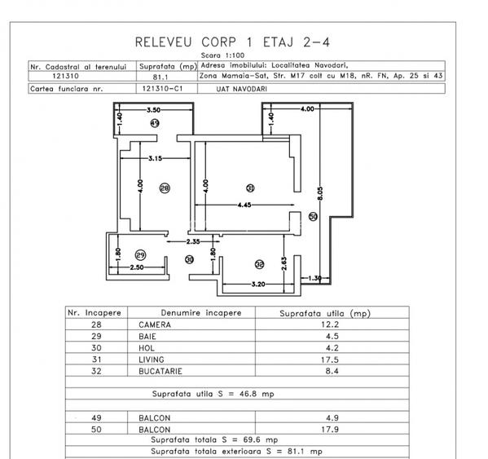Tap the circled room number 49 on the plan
pos(155,122)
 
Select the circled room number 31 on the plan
pos(250,188)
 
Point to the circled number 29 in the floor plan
pos(139,254)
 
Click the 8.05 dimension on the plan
pos(321,194)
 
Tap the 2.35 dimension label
pos(194,241)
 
